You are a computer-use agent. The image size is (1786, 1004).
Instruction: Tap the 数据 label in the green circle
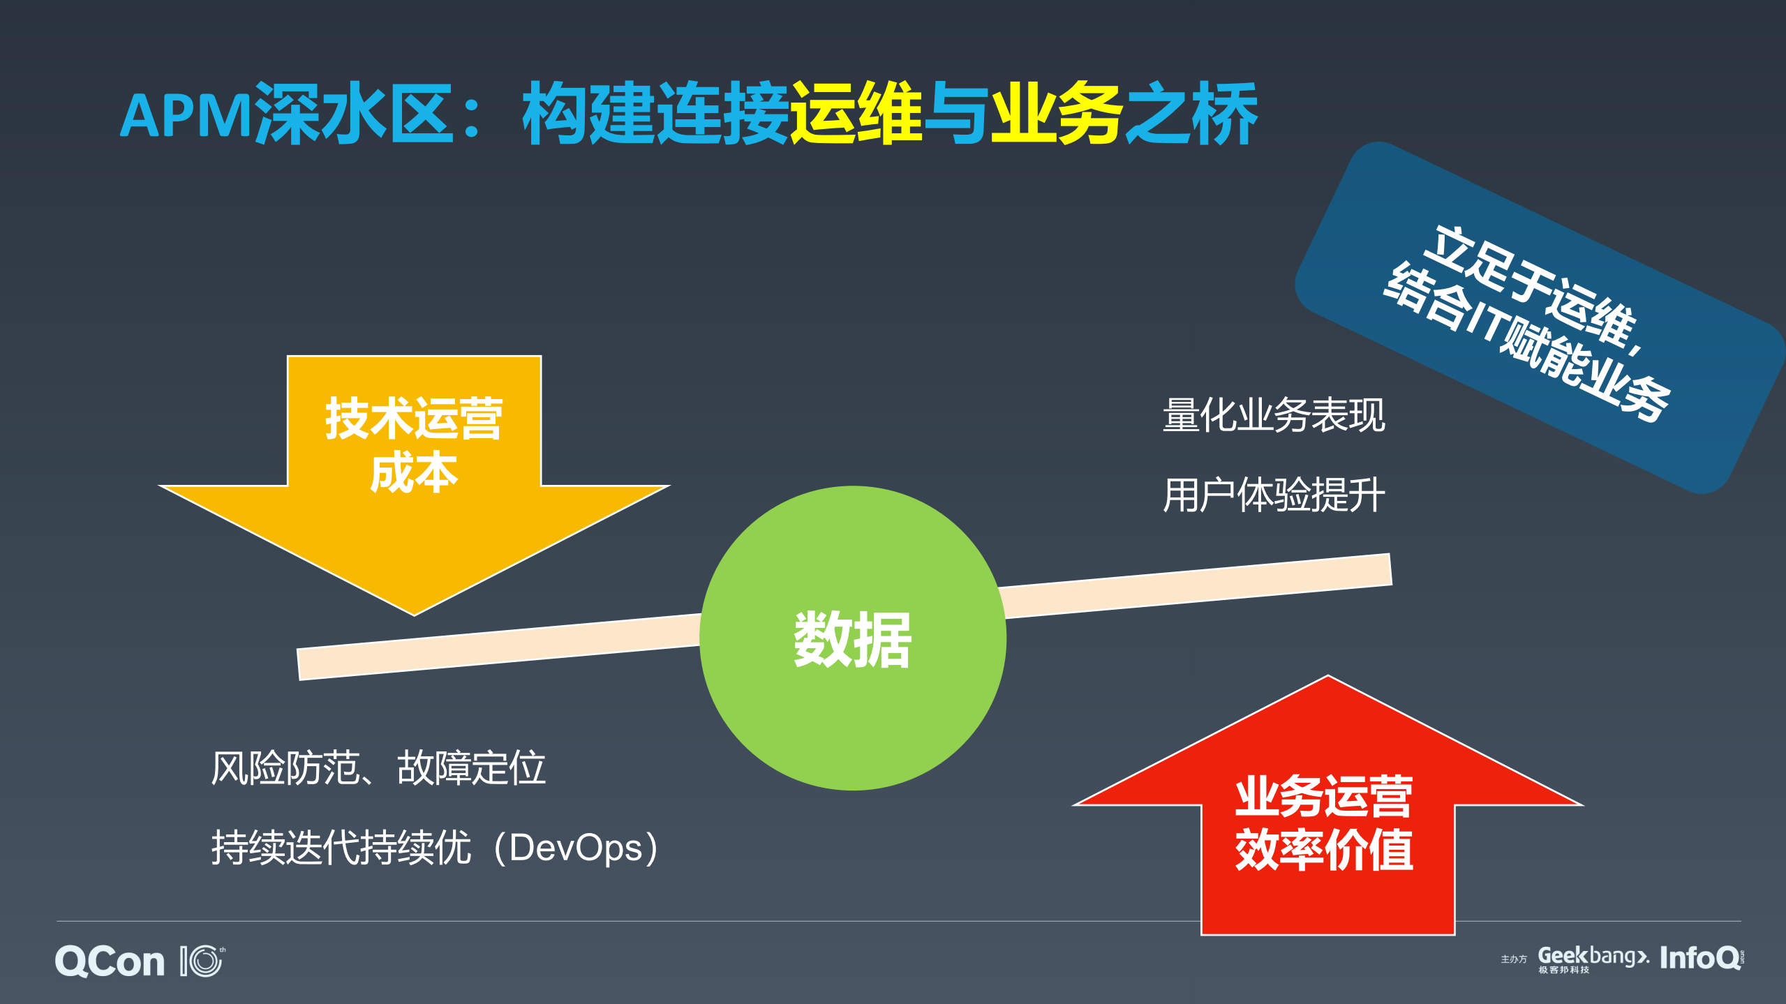click(852, 640)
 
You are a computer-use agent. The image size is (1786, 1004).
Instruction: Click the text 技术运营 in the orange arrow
click(414, 419)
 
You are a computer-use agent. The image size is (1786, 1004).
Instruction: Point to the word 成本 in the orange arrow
click(414, 472)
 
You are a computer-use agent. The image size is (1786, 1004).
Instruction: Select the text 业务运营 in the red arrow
click(1324, 796)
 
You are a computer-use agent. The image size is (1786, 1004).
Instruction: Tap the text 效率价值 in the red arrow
click(1324, 850)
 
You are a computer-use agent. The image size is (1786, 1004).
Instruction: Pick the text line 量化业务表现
click(1274, 415)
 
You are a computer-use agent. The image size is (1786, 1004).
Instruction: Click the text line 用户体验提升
click(1274, 495)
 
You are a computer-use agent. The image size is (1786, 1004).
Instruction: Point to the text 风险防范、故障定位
click(378, 768)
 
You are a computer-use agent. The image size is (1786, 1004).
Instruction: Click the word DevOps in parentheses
click(576, 848)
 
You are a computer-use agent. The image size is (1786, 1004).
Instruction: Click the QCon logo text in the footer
click(110, 961)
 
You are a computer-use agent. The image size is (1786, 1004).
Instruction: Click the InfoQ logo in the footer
click(1700, 958)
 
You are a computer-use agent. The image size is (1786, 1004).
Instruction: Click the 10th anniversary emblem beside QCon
click(203, 961)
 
